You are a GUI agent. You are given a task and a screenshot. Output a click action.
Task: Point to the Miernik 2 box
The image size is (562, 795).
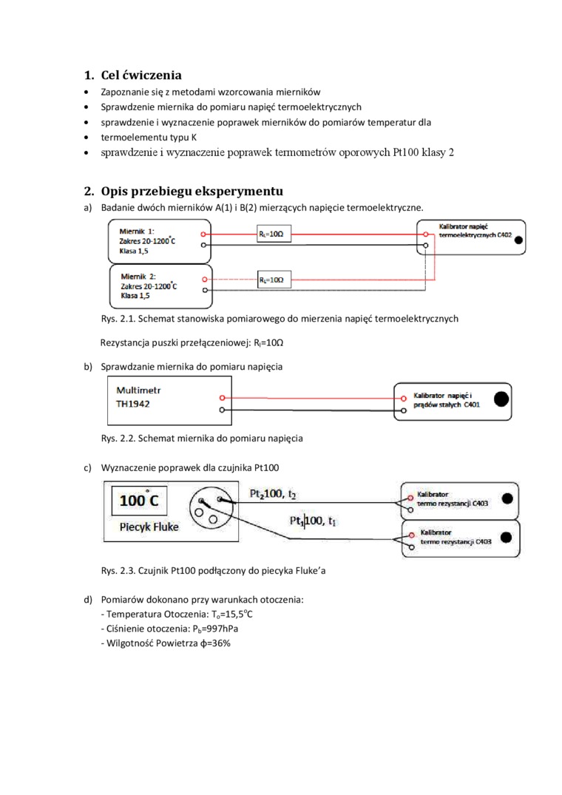pos(158,285)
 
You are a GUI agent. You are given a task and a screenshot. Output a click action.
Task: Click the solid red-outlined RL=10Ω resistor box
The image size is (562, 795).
pos(273,234)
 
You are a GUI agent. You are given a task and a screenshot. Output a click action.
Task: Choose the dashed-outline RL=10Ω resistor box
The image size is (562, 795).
pos(273,280)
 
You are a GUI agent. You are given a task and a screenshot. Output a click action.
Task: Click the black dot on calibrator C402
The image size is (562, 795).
pos(518,240)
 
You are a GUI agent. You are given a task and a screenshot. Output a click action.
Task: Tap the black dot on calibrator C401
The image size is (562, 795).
pos(501,399)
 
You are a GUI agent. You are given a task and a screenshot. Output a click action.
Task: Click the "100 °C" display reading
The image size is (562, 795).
pos(139,501)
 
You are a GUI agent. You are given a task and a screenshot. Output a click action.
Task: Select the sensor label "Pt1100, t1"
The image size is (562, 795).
pos(313,521)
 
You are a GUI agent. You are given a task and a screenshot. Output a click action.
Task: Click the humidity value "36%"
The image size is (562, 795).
pos(219,643)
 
